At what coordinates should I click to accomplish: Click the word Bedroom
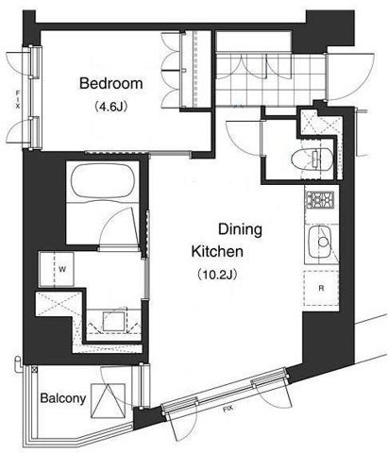[111, 83]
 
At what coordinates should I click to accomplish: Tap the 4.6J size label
[110, 108]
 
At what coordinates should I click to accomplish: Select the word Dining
[240, 229]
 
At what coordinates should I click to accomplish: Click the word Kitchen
[217, 252]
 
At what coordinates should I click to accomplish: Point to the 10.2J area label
[217, 275]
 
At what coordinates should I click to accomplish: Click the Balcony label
[63, 398]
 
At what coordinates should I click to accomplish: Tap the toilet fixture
[312, 159]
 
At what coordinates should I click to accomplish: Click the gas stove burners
[320, 200]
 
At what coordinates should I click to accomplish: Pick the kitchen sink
[320, 242]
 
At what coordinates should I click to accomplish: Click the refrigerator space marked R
[321, 288]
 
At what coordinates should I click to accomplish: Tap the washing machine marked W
[57, 269]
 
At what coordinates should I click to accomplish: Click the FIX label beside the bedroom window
[18, 100]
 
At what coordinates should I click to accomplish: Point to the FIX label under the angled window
[228, 409]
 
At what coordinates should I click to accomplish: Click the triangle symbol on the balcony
[108, 400]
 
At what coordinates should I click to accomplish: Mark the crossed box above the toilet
[320, 125]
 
